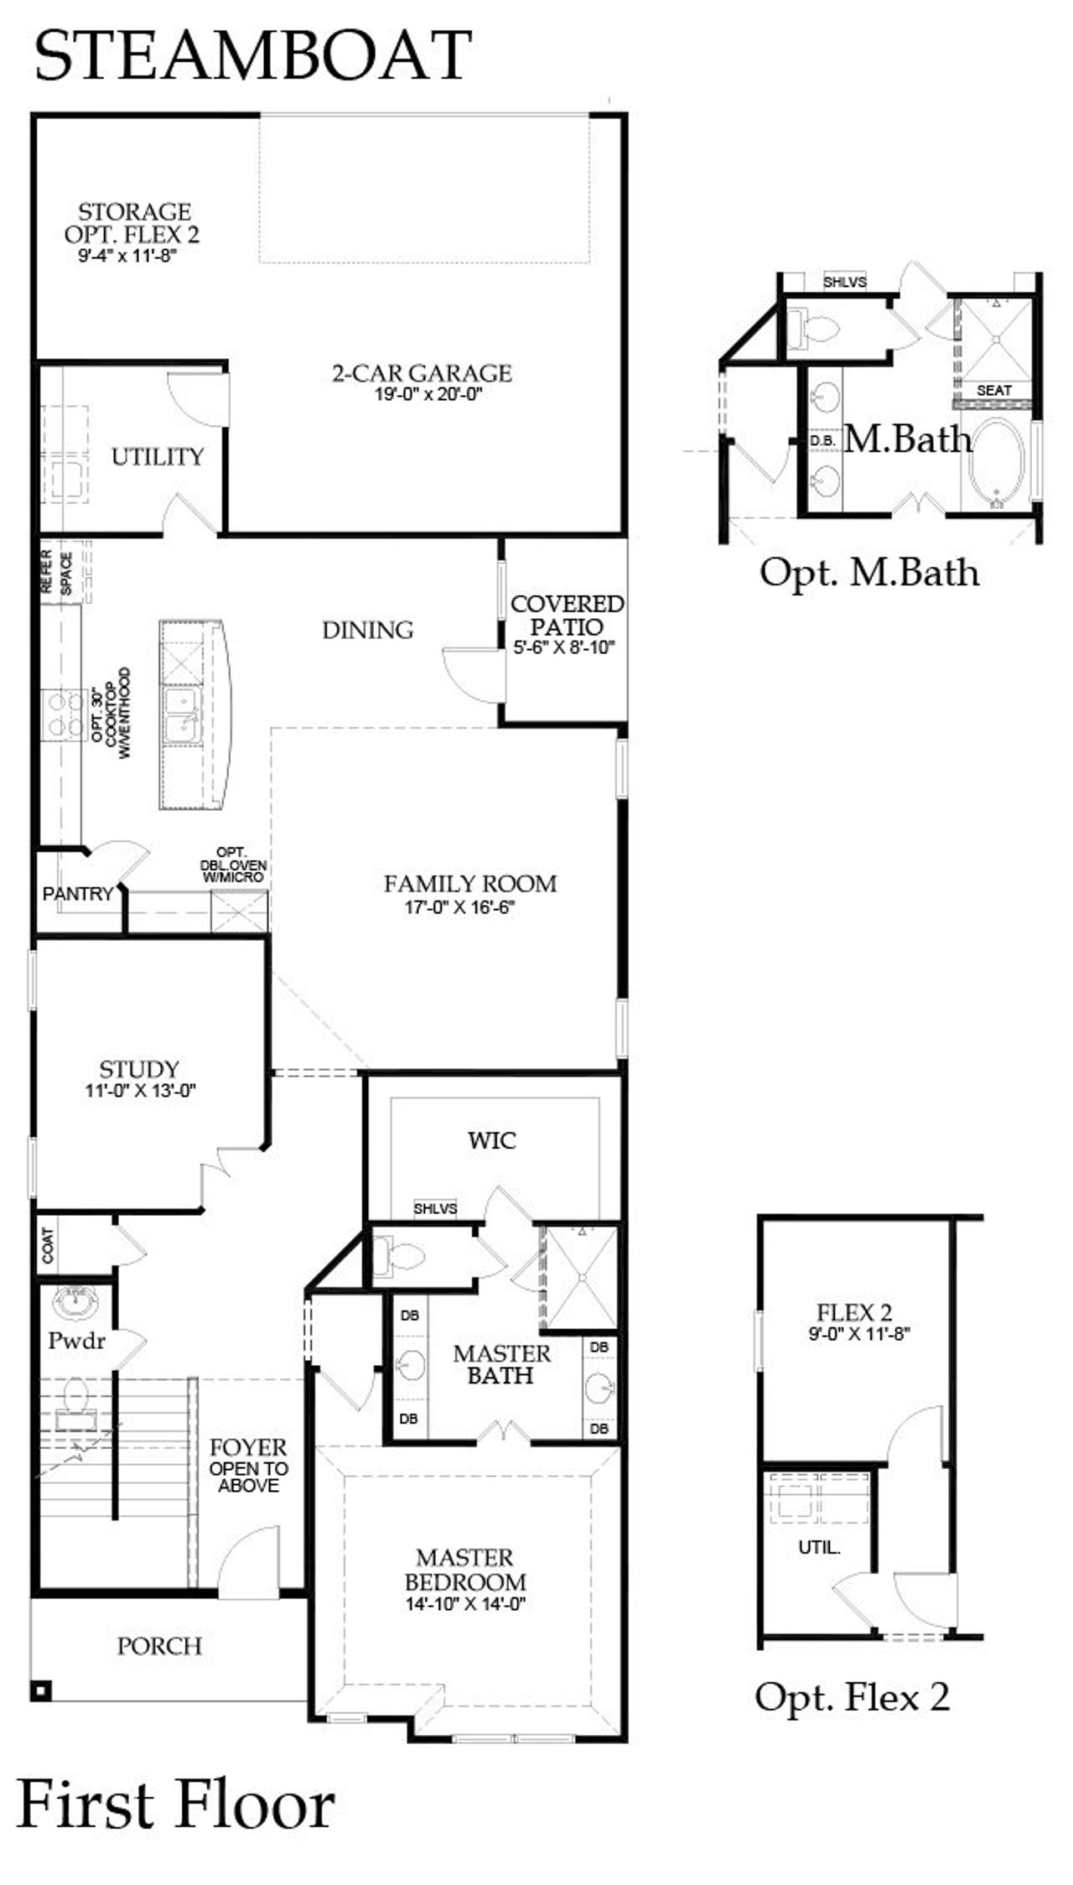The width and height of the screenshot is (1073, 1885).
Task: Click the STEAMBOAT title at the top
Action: pos(252,55)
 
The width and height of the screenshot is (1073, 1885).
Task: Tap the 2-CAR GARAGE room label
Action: pos(422,373)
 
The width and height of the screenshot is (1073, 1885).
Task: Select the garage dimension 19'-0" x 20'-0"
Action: pos(428,394)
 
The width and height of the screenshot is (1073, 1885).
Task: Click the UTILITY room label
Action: pos(158,457)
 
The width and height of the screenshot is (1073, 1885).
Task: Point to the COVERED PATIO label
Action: pos(567,615)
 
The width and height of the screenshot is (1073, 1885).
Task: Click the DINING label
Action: pos(368,630)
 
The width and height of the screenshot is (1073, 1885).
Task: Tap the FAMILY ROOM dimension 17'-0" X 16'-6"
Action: pos(459,906)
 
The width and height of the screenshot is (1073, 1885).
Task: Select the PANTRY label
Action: pos(77,894)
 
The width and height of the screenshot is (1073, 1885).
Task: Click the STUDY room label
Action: pos(139,1069)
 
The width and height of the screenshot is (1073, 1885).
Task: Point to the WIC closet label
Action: pos(491,1140)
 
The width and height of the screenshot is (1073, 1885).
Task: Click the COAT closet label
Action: pos(48,1246)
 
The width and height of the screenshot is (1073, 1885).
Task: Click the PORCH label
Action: pos(159,1646)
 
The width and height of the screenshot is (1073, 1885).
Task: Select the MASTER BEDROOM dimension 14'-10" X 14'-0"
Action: pos(464,1604)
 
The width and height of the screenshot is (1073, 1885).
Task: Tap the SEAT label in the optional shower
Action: pos(993,391)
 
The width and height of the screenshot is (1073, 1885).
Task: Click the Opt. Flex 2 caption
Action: pos(852,1696)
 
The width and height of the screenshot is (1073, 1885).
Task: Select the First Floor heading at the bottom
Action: pos(176,1805)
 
